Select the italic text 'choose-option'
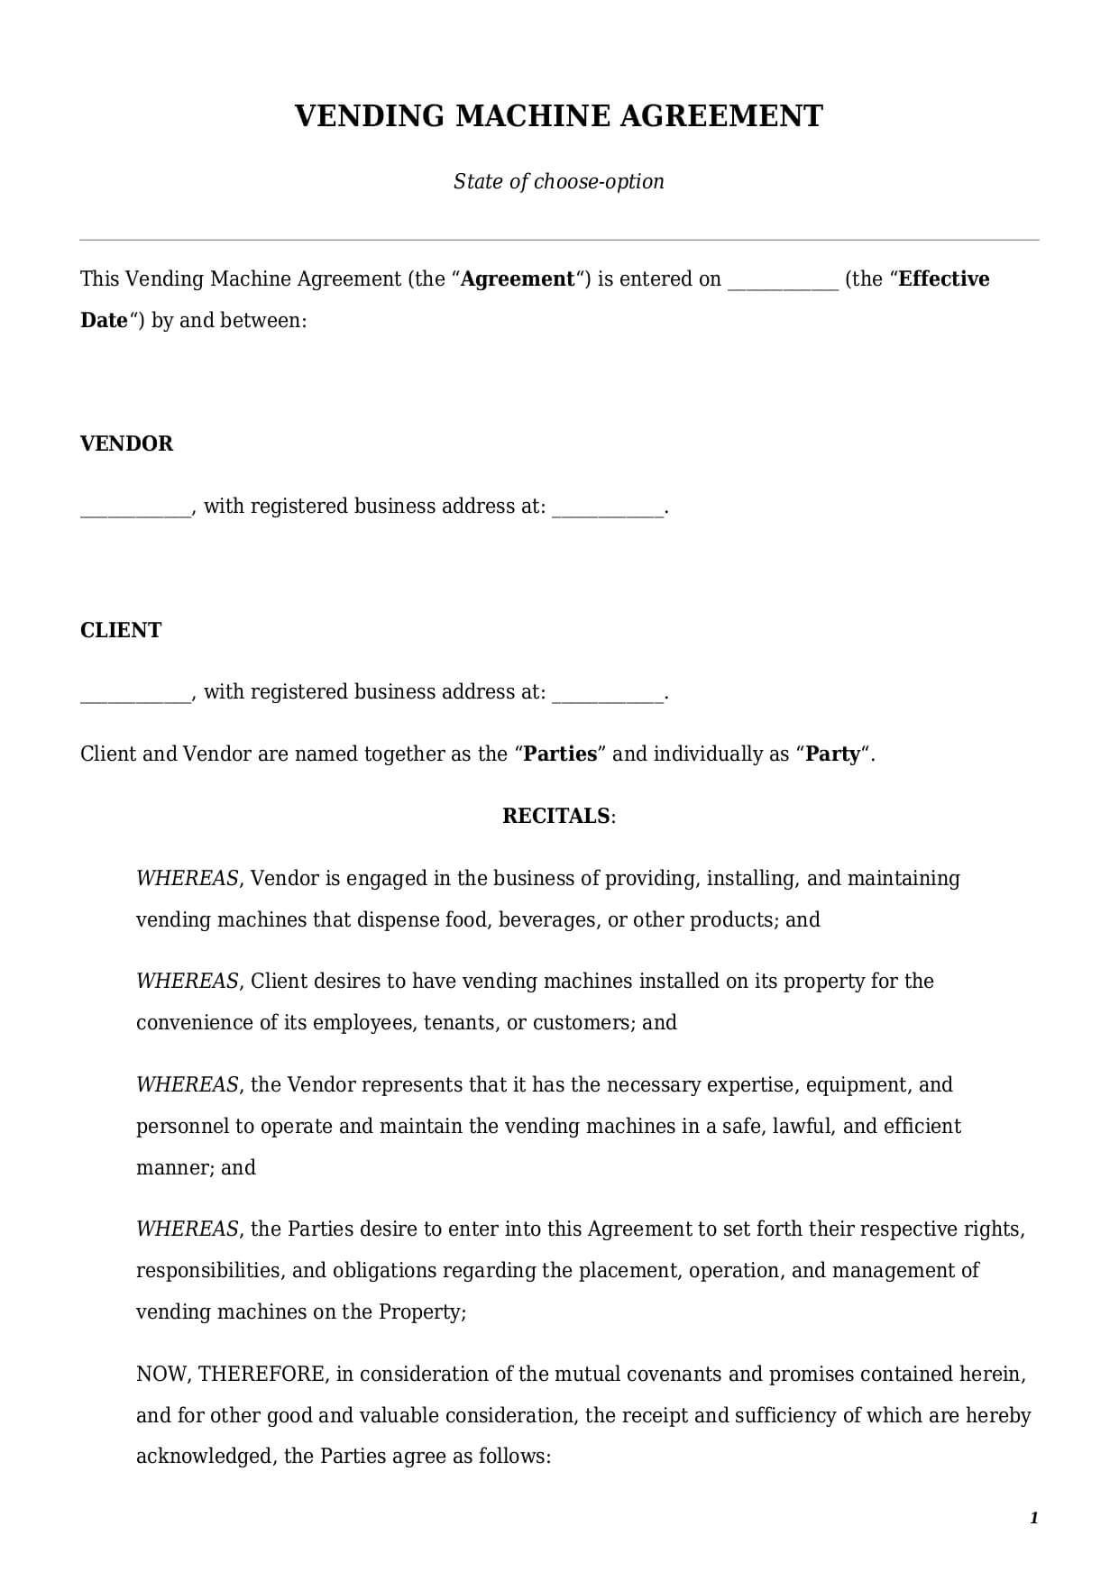click(x=599, y=181)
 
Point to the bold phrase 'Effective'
click(x=944, y=279)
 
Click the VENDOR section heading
click(x=126, y=443)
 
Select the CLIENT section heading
click(x=121, y=630)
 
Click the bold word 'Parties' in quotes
click(x=560, y=754)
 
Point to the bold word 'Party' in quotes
click(x=833, y=754)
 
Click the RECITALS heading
click(x=556, y=816)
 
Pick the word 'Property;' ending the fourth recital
click(x=422, y=1311)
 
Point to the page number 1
click(x=1034, y=1518)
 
